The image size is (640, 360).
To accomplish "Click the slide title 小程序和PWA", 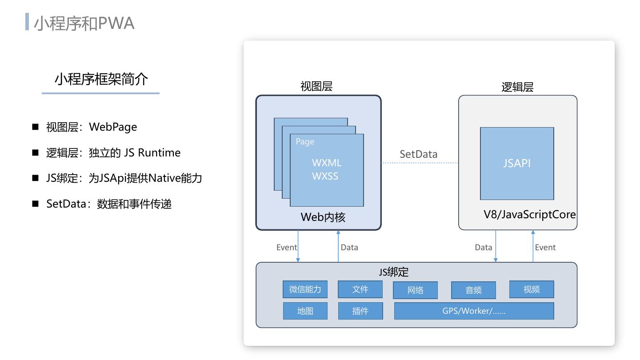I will pyautogui.click(x=84, y=23).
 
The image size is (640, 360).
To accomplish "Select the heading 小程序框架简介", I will pyautogui.click(x=101, y=79).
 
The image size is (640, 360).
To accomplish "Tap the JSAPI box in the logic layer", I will pyautogui.click(x=517, y=163).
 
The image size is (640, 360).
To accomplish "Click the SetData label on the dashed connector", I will pyautogui.click(x=418, y=154).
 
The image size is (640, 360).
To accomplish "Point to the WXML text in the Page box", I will pyautogui.click(x=327, y=163).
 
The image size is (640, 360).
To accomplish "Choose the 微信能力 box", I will pyautogui.click(x=305, y=289).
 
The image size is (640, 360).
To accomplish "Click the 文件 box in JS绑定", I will pyautogui.click(x=360, y=289).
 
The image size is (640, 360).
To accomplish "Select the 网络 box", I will pyautogui.click(x=415, y=290).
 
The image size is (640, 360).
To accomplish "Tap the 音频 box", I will pyautogui.click(x=473, y=290).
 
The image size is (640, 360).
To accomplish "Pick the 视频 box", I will pyautogui.click(x=532, y=289).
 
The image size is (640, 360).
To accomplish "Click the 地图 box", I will pyautogui.click(x=305, y=311).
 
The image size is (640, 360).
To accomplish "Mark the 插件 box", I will pyautogui.click(x=360, y=311).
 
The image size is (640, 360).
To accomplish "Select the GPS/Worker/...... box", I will pyautogui.click(x=474, y=311).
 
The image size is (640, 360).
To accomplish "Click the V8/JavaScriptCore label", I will pyautogui.click(x=530, y=215).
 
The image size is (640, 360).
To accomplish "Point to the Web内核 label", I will pyautogui.click(x=323, y=217).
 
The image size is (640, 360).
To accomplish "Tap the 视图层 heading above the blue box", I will pyautogui.click(x=316, y=87).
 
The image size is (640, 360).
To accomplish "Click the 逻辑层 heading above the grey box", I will pyautogui.click(x=517, y=87).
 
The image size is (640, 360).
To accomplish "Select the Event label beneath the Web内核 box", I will pyautogui.click(x=287, y=248).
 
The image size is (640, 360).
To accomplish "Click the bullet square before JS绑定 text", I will pyautogui.click(x=36, y=178).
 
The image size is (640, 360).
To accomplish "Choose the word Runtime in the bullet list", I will pyautogui.click(x=159, y=152).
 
